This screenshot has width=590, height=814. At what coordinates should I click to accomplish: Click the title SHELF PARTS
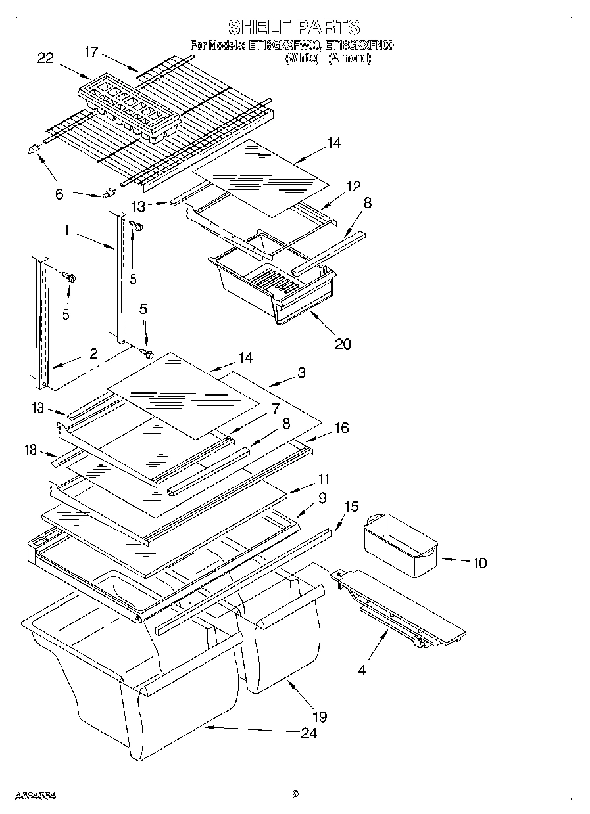[294, 27]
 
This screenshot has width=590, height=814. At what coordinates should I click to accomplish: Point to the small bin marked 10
[400, 545]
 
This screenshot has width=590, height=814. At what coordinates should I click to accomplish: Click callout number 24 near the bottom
[308, 733]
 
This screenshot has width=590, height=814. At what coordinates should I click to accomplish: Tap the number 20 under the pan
[342, 343]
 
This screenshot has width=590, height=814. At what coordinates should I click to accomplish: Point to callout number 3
[301, 373]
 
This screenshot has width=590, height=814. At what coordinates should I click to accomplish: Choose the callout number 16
[341, 428]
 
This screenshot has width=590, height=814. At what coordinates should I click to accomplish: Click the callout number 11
[323, 480]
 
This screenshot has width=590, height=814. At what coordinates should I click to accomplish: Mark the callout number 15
[351, 507]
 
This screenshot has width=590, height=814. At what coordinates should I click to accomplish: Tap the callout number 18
[30, 449]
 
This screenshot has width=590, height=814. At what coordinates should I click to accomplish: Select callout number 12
[353, 187]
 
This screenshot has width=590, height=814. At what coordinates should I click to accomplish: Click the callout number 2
[93, 353]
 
